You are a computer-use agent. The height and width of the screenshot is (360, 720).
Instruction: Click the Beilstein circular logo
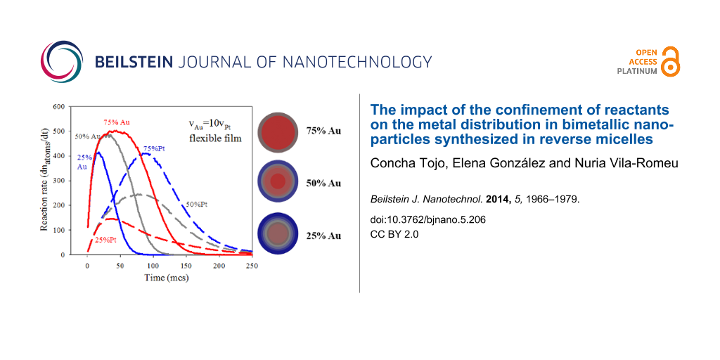pyautogui.click(x=62, y=61)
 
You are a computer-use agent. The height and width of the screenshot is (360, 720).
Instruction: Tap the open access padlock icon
pyautogui.click(x=671, y=62)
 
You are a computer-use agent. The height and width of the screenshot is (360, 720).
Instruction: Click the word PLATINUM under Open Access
pyautogui.click(x=637, y=71)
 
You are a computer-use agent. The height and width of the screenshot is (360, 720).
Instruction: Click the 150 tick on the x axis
pyautogui.click(x=186, y=266)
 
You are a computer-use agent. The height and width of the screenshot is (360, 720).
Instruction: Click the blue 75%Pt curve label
pyautogui.click(x=155, y=148)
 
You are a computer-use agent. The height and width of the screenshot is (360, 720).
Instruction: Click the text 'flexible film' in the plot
pyautogui.click(x=216, y=139)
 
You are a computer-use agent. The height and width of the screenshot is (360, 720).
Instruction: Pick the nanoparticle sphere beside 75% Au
pyautogui.click(x=279, y=131)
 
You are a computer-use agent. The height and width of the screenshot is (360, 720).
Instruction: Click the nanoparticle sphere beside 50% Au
pyautogui.click(x=278, y=182)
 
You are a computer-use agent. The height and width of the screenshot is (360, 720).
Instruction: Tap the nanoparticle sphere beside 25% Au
pyautogui.click(x=278, y=233)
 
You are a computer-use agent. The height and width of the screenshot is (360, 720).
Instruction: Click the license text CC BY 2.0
pyautogui.click(x=394, y=234)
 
